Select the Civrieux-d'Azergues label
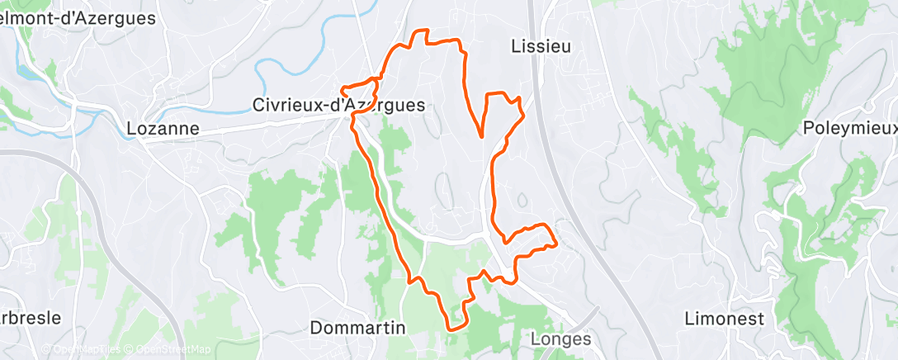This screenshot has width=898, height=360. [x=339, y=105]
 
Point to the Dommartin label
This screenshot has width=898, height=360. [x=358, y=328]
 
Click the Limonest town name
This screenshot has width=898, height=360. [x=725, y=319]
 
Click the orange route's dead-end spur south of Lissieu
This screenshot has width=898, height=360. [x=481, y=136]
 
